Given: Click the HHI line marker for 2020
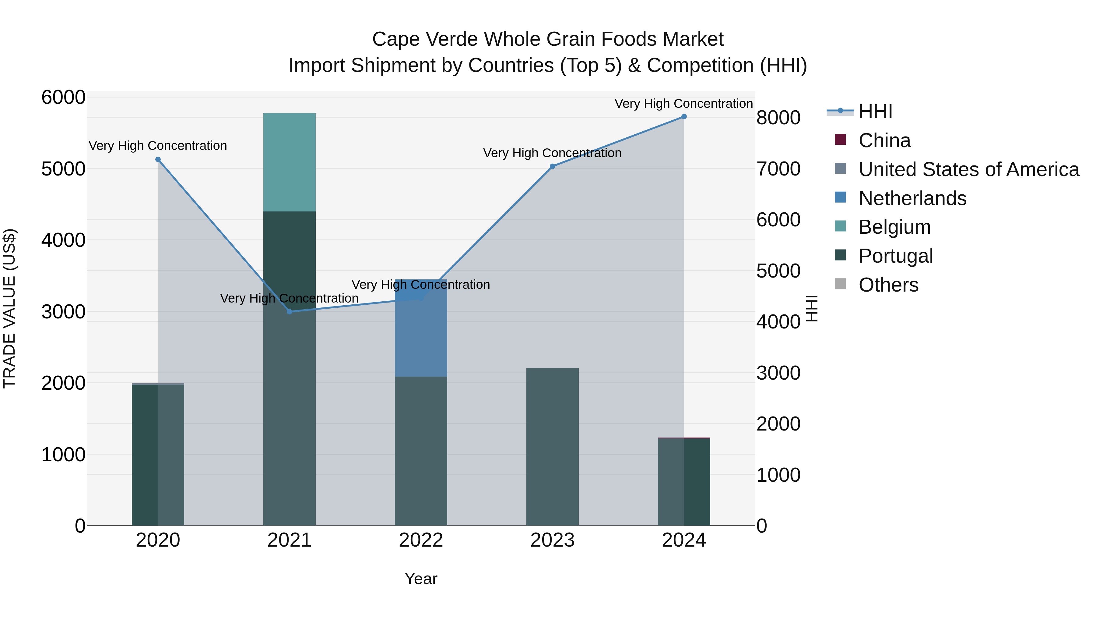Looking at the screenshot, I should coord(158,159).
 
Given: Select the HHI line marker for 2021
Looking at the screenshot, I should coord(289,312).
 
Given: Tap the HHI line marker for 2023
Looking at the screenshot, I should coord(552,166).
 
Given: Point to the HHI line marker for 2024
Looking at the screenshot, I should coord(684,117).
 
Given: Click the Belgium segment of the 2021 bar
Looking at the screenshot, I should coord(289,162).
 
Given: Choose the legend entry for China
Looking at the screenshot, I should coord(884,140).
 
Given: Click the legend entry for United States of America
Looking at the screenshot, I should coord(968,169).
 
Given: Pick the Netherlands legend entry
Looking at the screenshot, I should coord(912,198).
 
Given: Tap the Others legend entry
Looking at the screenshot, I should coord(888,285).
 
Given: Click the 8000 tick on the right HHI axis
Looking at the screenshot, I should coord(778,118).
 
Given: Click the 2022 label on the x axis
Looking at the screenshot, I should coord(421,540).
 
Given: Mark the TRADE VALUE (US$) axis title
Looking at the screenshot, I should coord(9,308).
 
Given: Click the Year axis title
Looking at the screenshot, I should coord(421,579).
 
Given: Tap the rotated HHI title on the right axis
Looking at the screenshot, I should coord(812,308).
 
